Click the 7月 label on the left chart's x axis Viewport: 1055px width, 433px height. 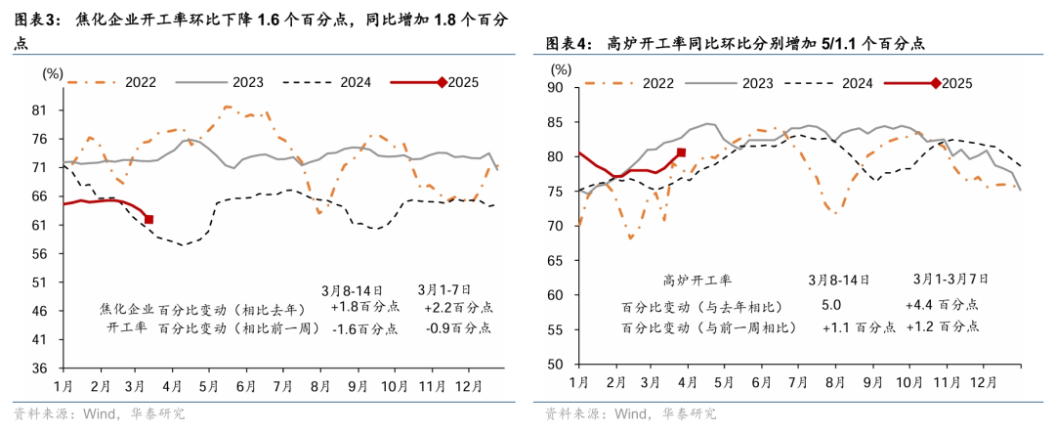(282, 387)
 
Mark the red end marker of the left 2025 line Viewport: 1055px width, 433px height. (148, 220)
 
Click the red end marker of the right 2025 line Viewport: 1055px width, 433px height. (681, 152)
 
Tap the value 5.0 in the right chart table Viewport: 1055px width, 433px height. (832, 305)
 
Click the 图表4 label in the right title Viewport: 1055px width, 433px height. (566, 43)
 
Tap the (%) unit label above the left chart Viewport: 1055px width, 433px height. (53, 72)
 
